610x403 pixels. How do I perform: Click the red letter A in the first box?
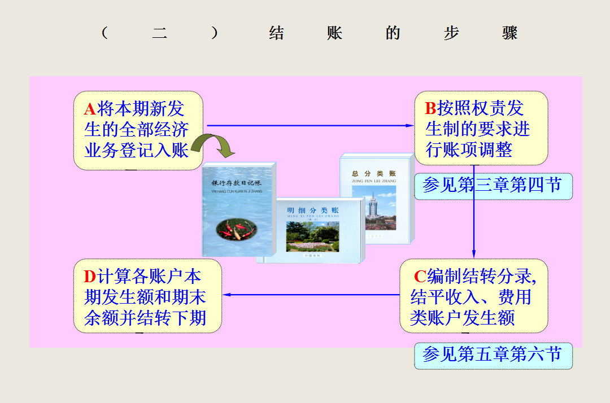(x=90, y=108)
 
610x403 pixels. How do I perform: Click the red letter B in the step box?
(x=430, y=108)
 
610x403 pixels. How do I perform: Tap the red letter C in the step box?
(x=420, y=277)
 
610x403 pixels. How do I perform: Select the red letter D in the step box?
(x=90, y=277)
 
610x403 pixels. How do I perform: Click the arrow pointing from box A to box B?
(x=311, y=125)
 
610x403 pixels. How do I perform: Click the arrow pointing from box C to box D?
(x=311, y=295)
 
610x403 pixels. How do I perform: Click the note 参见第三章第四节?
(x=493, y=186)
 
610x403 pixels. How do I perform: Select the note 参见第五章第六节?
(x=493, y=355)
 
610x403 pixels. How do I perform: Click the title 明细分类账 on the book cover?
(x=313, y=210)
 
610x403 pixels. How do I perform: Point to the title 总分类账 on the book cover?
(x=374, y=174)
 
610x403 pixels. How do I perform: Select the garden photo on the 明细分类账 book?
(x=312, y=236)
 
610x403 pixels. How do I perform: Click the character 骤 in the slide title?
(x=509, y=33)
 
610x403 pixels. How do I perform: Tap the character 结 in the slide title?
(x=276, y=33)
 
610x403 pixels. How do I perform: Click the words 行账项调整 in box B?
(x=469, y=150)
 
